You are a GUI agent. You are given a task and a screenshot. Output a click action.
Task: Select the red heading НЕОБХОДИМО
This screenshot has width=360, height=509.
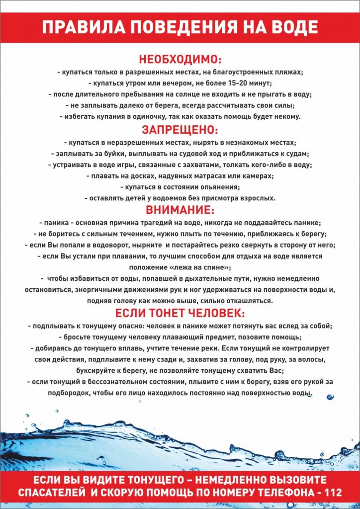[x=180, y=59]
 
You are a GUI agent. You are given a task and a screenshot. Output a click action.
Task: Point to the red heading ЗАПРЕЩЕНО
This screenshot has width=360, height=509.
[x=180, y=130]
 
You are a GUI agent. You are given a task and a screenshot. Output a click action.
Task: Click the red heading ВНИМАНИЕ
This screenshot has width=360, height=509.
[x=180, y=210]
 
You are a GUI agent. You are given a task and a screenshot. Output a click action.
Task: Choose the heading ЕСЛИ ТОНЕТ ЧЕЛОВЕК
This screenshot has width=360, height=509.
[x=180, y=314]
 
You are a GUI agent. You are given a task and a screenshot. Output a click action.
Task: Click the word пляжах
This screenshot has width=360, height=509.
[x=287, y=72]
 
